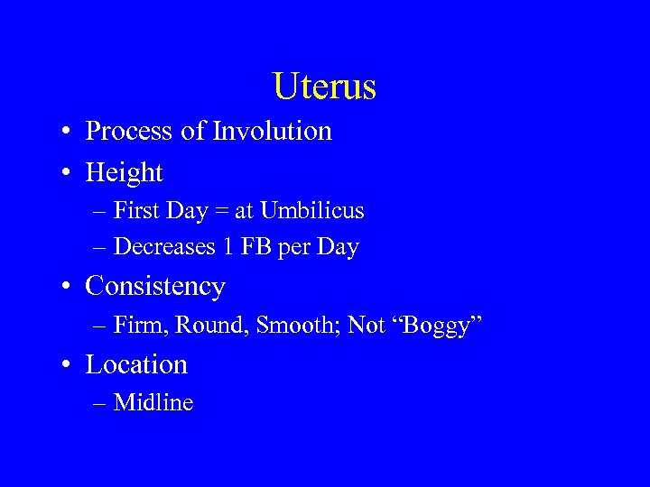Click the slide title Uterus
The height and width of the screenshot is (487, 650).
(x=324, y=87)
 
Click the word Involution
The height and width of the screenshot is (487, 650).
(x=272, y=132)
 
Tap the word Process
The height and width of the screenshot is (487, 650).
(x=129, y=133)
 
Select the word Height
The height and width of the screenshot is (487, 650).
(x=124, y=172)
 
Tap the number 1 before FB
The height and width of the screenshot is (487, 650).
(x=230, y=247)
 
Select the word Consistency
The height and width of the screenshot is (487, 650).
(x=154, y=288)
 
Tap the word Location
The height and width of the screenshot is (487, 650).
(x=136, y=364)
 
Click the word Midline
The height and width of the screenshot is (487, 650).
(x=153, y=403)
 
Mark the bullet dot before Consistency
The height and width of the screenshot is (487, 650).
(x=69, y=288)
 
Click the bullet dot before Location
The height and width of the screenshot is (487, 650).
(x=69, y=365)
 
